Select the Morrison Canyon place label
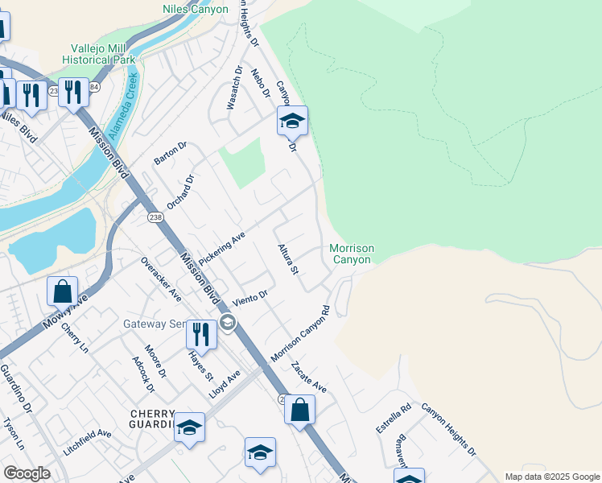tap(351, 254)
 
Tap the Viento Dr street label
tap(249, 299)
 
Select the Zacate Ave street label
tap(309, 377)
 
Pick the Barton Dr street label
tap(171, 153)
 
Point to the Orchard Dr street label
tap(182, 191)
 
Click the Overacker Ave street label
tap(161, 279)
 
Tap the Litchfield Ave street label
tap(88, 443)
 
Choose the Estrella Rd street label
tap(394, 419)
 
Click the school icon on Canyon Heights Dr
tap(292, 121)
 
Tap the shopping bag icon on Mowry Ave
tap(63, 291)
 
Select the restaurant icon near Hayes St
tap(201, 334)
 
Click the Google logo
tap(27, 473)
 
